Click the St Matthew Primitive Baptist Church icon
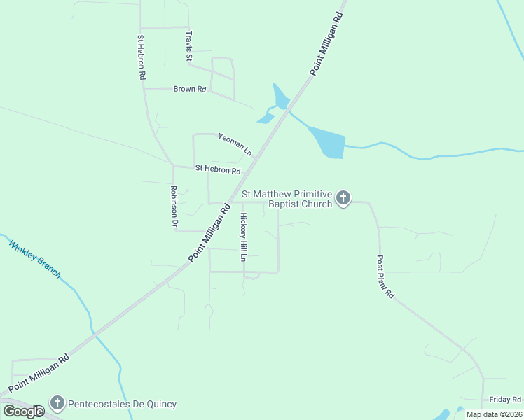pyautogui.click(x=343, y=198)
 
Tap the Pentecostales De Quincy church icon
pyautogui.click(x=57, y=403)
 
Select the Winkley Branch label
pyautogui.click(x=34, y=259)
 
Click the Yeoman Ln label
pyautogui.click(x=235, y=144)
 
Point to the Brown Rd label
pyautogui.click(x=190, y=90)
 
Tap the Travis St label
pyautogui.click(x=188, y=46)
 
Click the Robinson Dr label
pyautogui.click(x=174, y=206)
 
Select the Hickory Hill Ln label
pyautogui.click(x=244, y=237)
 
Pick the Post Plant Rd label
pyautogui.click(x=385, y=276)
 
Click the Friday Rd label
pyautogui.click(x=504, y=399)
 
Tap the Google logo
pyautogui.click(x=24, y=412)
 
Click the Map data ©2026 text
pyautogui.click(x=494, y=414)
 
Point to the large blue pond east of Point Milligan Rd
pyautogui.click(x=328, y=143)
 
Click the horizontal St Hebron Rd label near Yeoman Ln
pyautogui.click(x=218, y=169)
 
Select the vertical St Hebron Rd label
pyautogui.click(x=142, y=57)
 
